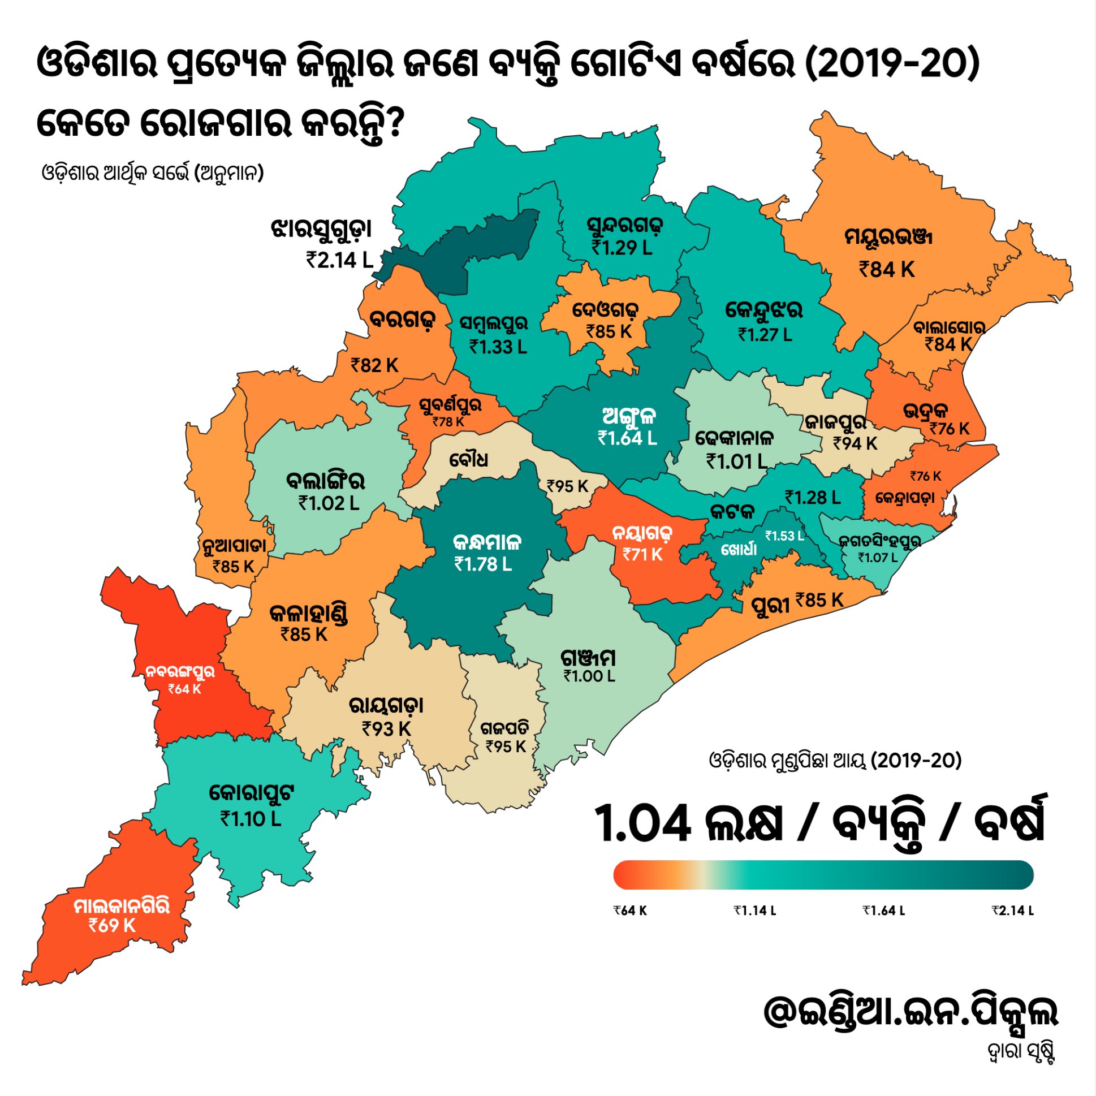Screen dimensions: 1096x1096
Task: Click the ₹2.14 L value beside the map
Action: (340, 260)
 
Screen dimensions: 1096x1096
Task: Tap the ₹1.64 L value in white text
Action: (627, 437)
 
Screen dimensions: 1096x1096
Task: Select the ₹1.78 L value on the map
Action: (483, 564)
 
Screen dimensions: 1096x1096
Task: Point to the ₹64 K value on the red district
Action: (184, 689)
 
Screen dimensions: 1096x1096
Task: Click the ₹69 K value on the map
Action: (113, 925)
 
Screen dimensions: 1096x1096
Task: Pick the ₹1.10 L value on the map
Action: (251, 818)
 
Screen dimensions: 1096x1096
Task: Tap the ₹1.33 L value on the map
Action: (498, 346)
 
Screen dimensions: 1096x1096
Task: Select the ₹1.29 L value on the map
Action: (622, 247)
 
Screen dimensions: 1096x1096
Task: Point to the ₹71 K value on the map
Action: (642, 554)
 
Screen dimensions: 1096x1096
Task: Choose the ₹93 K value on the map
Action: (386, 728)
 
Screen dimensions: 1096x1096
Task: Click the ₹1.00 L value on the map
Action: (589, 676)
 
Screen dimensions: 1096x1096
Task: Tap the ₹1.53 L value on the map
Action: (784, 536)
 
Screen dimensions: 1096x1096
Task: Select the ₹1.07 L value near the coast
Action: (878, 558)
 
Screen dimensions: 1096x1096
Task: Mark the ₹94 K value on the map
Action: (855, 443)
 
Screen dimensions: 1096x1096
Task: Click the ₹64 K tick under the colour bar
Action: (629, 911)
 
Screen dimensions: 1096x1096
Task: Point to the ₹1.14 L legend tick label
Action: (754, 911)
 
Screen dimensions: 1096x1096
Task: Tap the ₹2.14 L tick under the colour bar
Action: (1013, 911)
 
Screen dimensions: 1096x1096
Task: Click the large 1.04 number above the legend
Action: (642, 824)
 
